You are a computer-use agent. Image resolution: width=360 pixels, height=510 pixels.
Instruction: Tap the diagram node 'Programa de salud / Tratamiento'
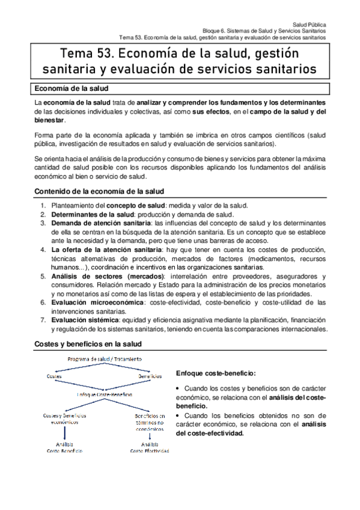(100, 359)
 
